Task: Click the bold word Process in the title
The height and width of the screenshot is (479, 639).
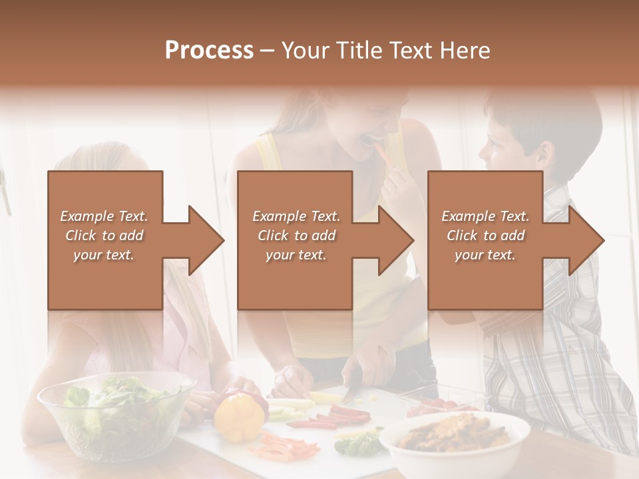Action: (209, 51)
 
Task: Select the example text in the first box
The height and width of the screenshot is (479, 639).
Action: (104, 236)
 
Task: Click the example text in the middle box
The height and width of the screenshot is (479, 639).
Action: (296, 236)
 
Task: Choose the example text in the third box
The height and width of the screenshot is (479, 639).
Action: (485, 236)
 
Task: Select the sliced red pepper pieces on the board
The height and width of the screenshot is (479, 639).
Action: (333, 417)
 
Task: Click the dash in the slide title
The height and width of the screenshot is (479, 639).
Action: (268, 51)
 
